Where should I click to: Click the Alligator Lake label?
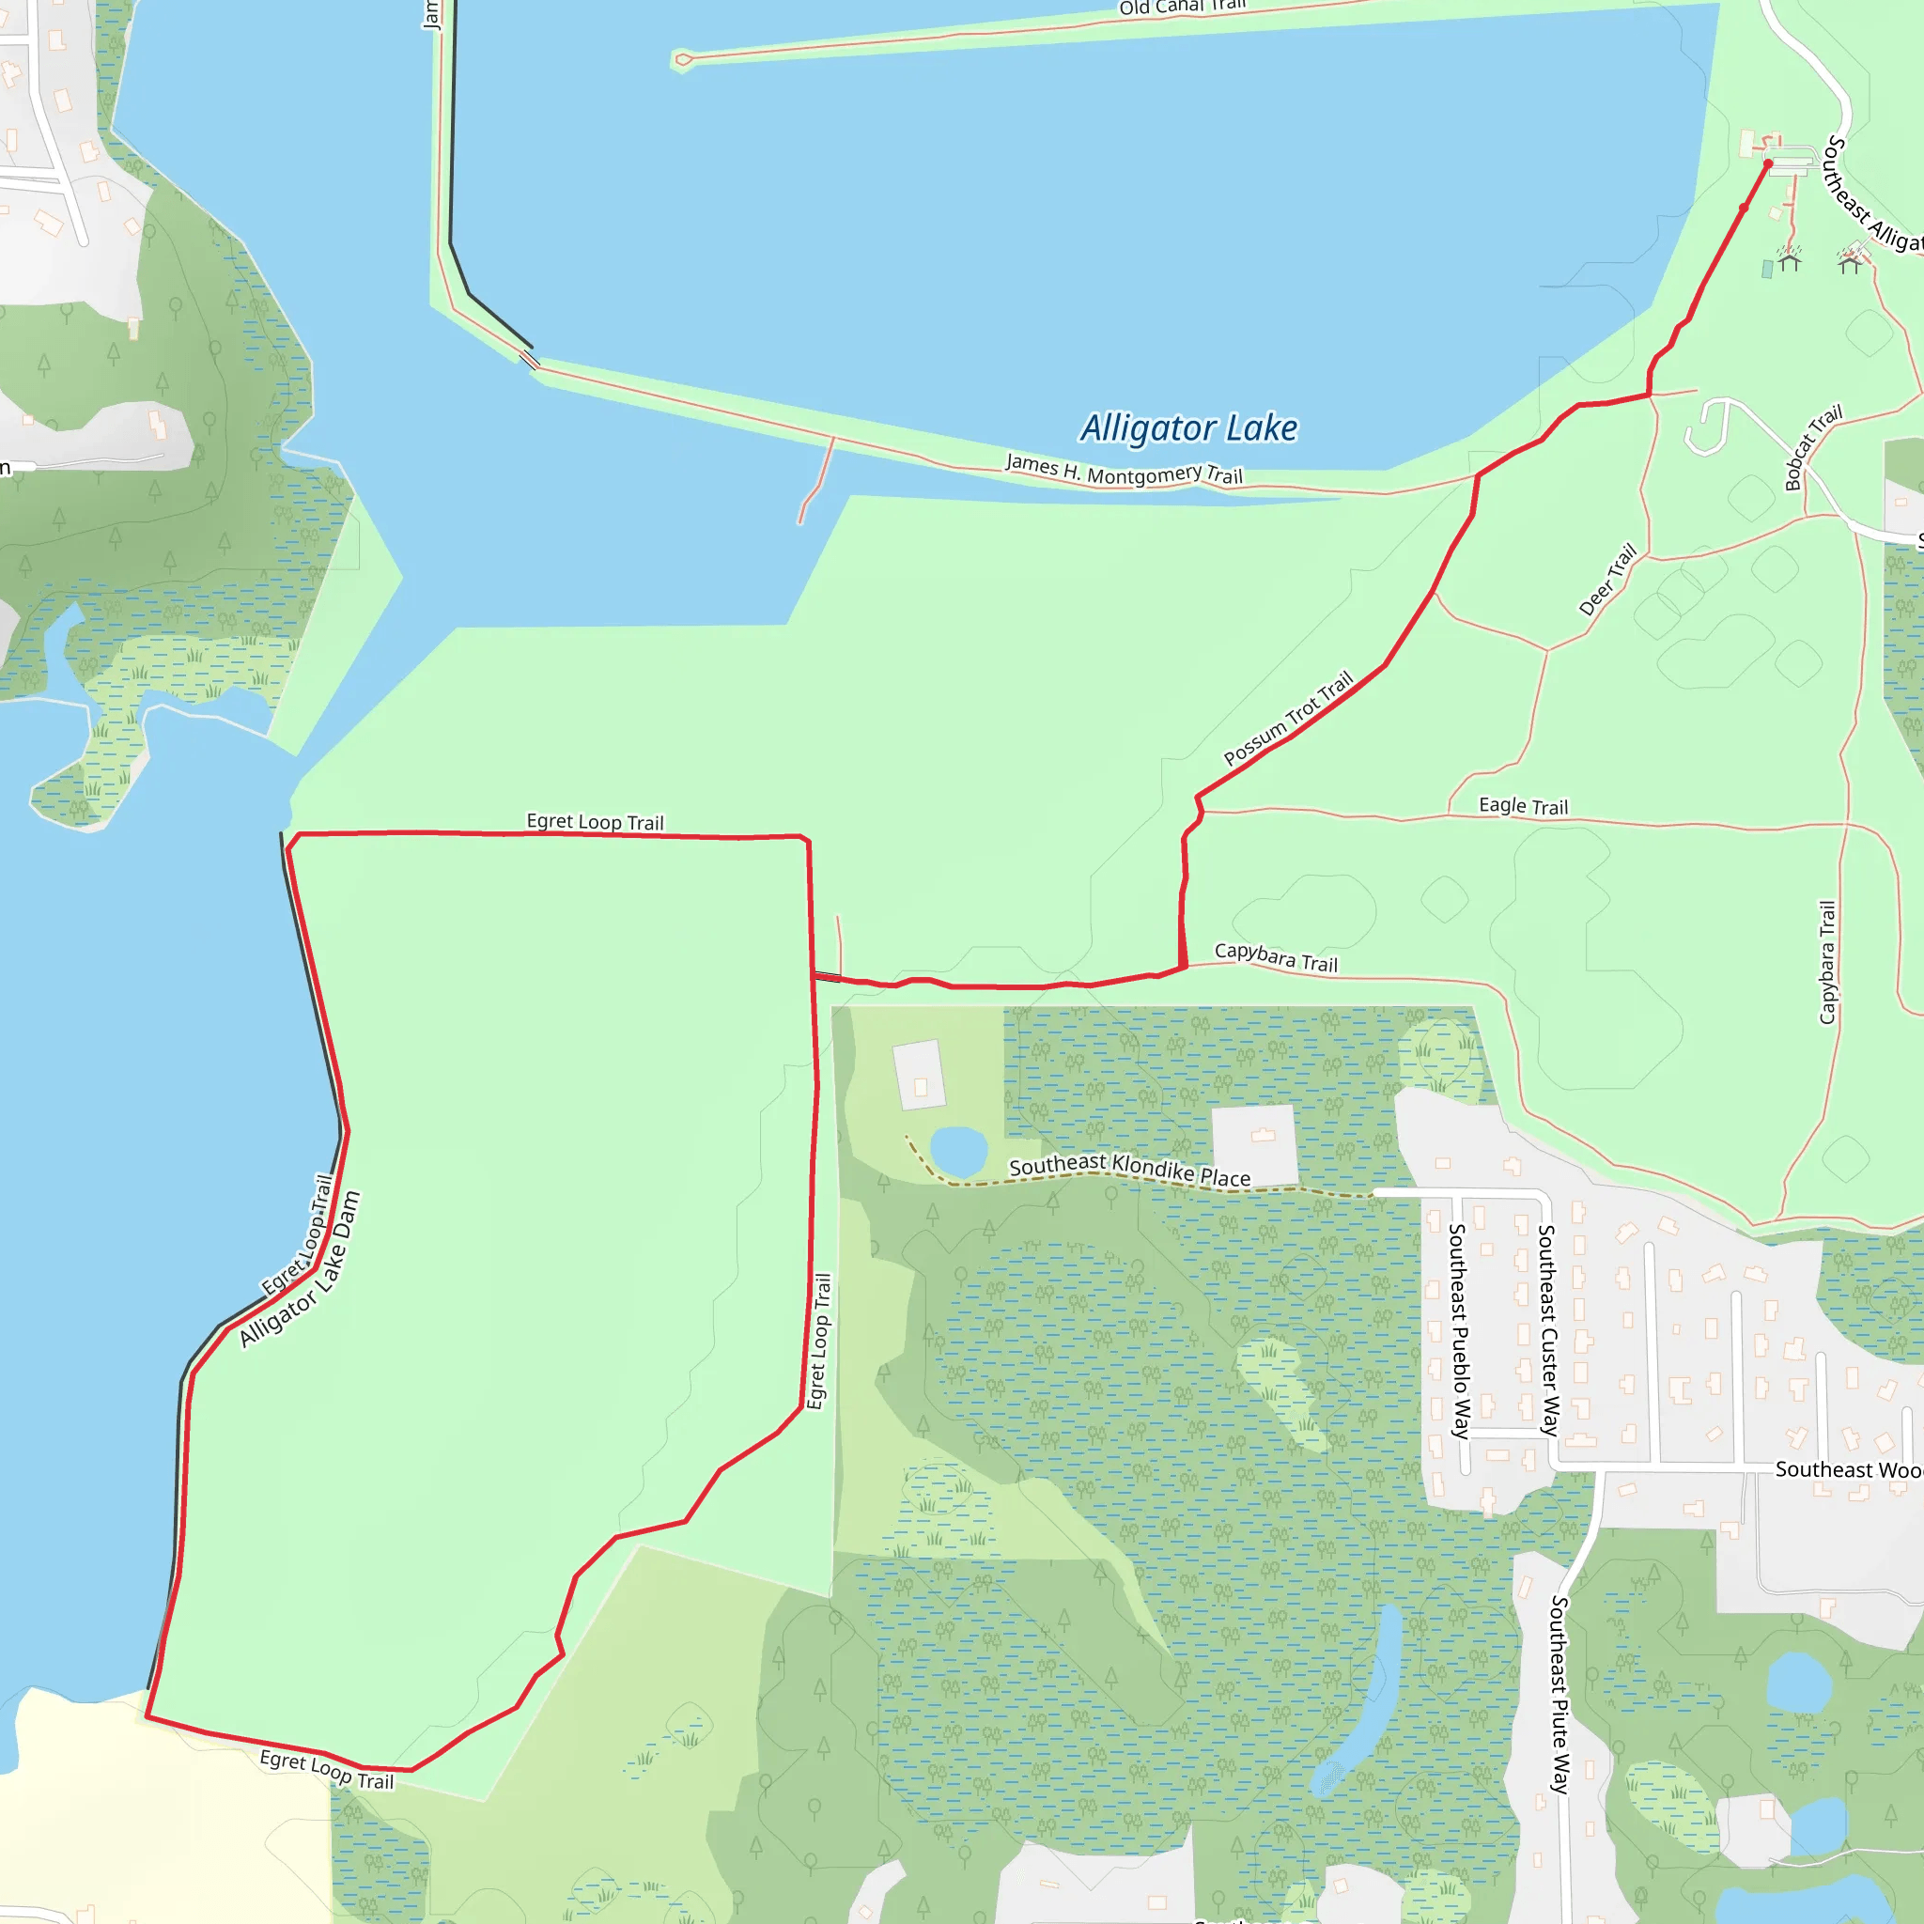pos(1189,428)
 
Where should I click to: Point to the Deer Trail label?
pos(1607,580)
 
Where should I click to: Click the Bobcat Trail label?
pos(1812,447)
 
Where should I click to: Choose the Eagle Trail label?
pos(1523,806)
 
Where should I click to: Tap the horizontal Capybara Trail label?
pos(1276,957)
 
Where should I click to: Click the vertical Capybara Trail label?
pos(1826,962)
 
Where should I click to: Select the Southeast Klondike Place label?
pos(1129,1169)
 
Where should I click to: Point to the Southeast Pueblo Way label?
pos(1458,1330)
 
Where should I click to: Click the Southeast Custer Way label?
pos(1547,1329)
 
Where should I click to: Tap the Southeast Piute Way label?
pos(1559,1694)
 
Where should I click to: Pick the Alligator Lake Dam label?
pos(300,1270)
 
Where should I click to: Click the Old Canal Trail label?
pos(1182,8)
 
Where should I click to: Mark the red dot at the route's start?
pos(1768,164)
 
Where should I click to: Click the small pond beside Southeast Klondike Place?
pos(958,1151)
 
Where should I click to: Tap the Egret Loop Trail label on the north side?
pos(595,822)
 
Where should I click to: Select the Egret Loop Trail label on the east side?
pos(818,1341)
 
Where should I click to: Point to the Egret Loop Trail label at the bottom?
pos(327,1769)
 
